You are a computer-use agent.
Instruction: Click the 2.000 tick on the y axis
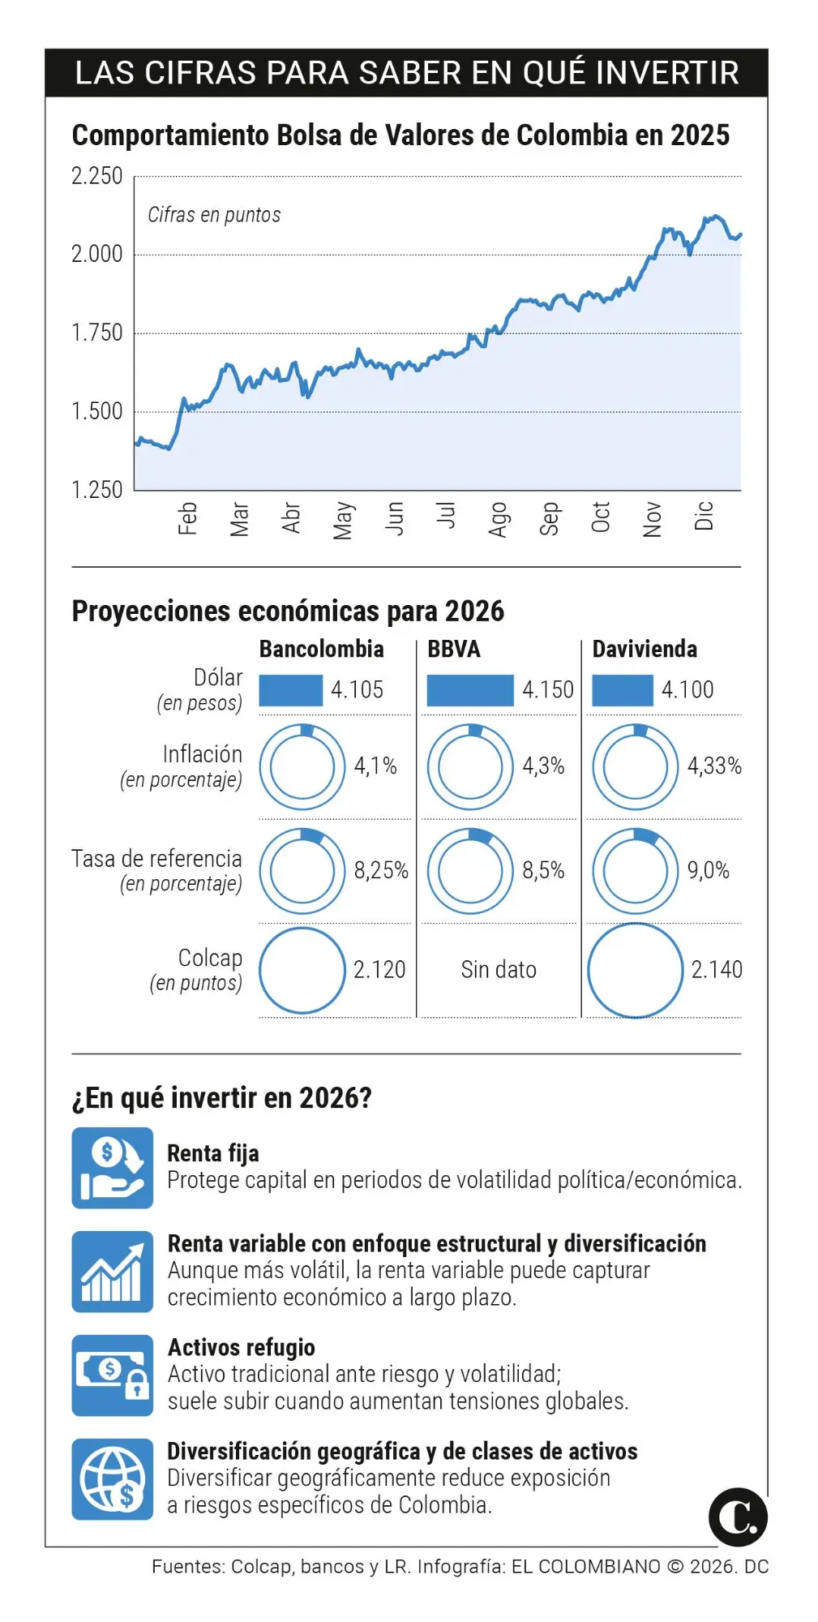96,254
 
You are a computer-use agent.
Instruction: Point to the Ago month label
498,519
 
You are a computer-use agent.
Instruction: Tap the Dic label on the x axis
704,516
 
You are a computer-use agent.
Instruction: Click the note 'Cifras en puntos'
214,215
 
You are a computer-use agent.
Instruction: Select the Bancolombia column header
321,649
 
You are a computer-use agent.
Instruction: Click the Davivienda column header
645,649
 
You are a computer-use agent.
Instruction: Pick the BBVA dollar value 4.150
547,689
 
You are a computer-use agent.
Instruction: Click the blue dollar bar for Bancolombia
290,690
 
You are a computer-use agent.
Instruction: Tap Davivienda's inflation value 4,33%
714,766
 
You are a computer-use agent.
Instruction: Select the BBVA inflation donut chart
470,766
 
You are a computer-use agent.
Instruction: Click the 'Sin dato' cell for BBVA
499,969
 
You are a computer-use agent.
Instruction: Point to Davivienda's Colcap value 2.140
717,969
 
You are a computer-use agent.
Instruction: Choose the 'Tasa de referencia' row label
156,859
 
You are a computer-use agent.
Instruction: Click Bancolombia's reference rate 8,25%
381,870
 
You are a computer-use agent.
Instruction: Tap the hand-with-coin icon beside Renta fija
112,1167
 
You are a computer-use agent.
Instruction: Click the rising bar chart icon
112,1271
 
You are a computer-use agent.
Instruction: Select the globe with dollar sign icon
112,1478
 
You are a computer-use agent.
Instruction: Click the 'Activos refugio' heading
241,1347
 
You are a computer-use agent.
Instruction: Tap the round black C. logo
738,1517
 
